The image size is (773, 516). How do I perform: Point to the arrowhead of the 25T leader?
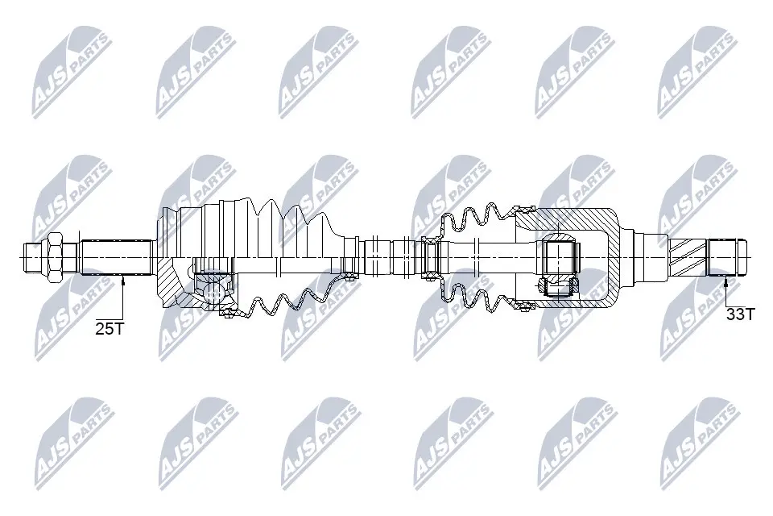click(122, 279)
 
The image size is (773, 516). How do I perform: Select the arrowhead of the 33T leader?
click(727, 279)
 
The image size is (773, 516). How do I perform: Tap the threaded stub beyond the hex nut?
click(31, 256)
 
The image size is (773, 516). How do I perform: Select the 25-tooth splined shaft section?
click(116, 256)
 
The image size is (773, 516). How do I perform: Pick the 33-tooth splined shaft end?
click(727, 256)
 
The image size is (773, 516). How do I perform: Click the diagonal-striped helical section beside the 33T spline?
click(688, 256)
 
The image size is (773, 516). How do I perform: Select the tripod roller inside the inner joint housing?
click(558, 256)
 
